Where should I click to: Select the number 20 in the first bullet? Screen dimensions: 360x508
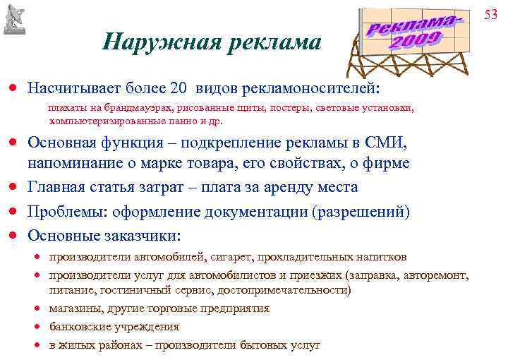coord(178,90)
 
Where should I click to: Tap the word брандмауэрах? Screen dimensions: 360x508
coord(142,109)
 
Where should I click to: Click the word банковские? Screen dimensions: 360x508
coord(78,327)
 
